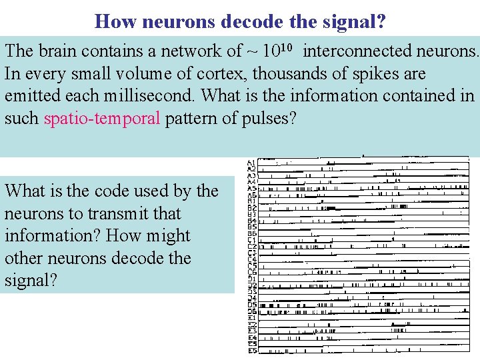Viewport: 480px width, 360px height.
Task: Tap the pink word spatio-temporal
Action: pos(102,119)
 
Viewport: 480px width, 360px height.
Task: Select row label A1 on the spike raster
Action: pos(251,163)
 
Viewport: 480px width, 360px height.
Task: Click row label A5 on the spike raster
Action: pos(251,188)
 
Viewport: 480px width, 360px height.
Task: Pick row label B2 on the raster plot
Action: pos(251,207)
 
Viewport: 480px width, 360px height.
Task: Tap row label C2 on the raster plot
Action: pos(251,247)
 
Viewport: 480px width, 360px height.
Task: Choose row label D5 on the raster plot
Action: pos(251,305)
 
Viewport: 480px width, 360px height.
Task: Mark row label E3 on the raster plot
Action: pos(251,331)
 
